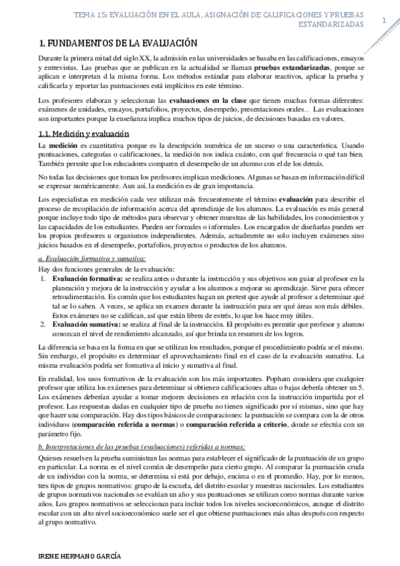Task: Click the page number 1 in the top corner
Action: point(384,21)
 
